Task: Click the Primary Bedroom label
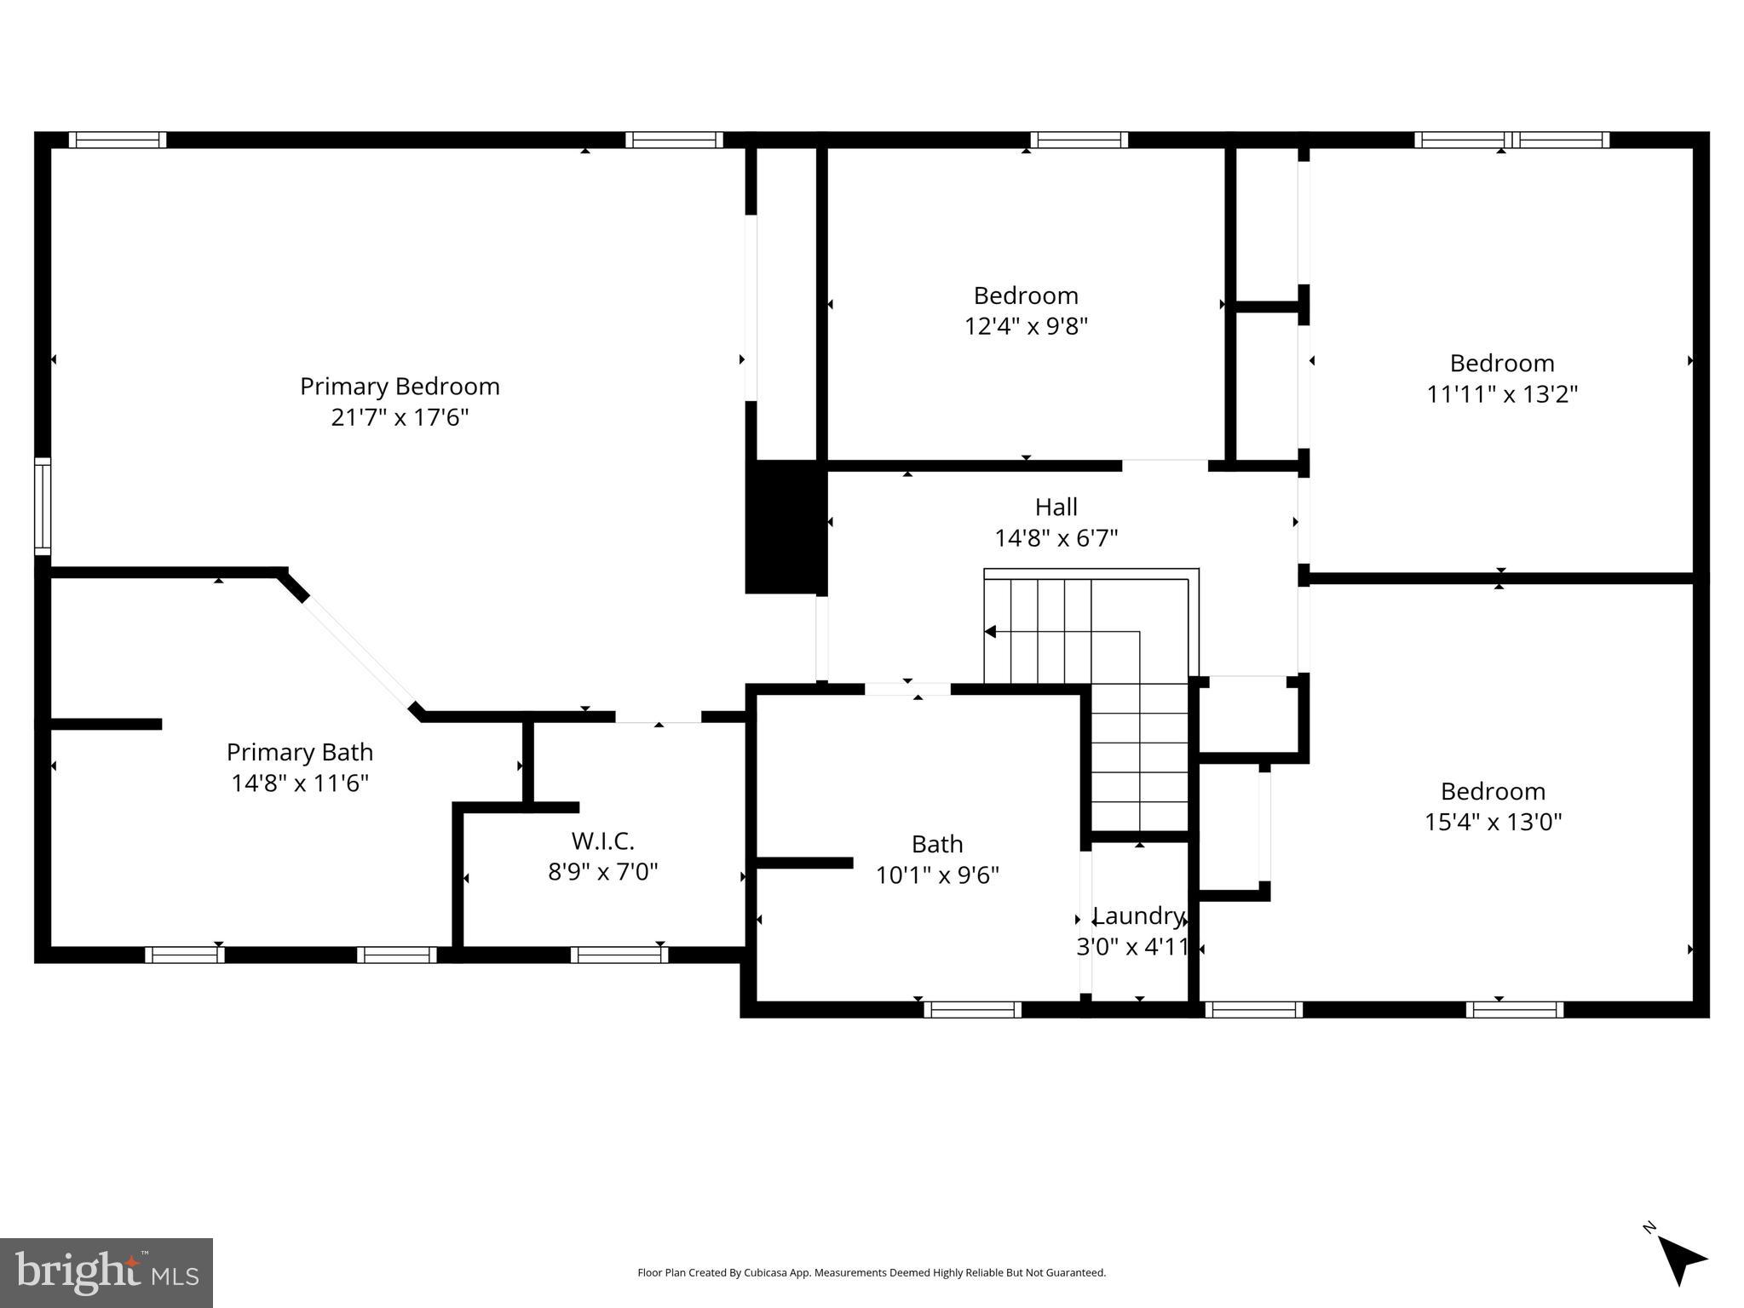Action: point(400,387)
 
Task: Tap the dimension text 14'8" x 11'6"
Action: point(300,783)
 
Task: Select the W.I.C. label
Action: point(602,840)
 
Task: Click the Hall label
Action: point(1056,508)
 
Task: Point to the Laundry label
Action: point(1138,916)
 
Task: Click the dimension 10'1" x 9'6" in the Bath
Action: point(937,875)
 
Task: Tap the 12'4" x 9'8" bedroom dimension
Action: point(1026,326)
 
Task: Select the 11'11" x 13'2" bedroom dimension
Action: point(1502,394)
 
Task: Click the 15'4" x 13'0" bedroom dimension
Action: point(1493,822)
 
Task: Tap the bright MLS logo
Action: point(106,1272)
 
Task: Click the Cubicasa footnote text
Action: point(871,1272)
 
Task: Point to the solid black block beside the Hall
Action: point(784,526)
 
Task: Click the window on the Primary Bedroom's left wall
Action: point(43,506)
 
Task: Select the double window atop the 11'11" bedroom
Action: point(1511,140)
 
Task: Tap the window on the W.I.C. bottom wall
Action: point(619,955)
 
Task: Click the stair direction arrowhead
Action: point(990,632)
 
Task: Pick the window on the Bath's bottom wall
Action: point(972,1009)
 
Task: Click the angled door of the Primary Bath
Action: point(358,651)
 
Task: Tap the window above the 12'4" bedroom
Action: point(1079,140)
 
